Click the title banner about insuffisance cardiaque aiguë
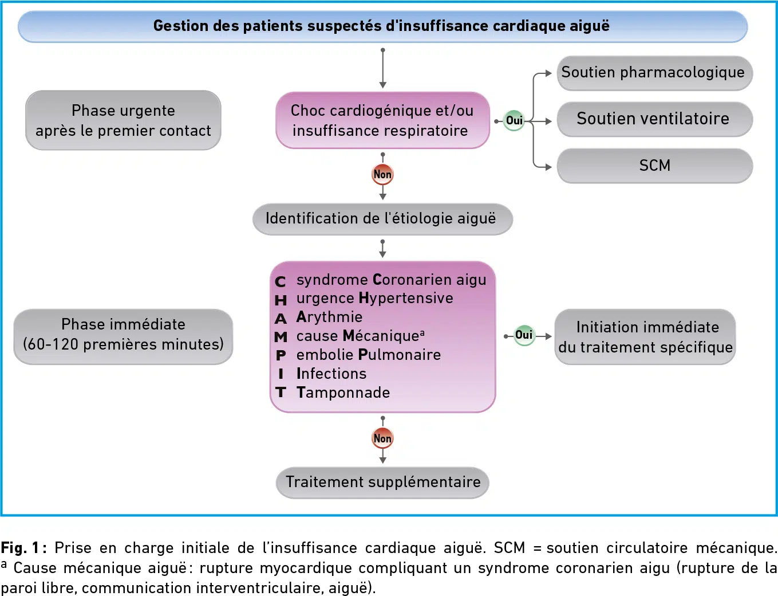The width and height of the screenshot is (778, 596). coord(383,26)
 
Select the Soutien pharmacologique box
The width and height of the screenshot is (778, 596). coord(655,73)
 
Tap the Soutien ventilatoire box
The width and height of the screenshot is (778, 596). coord(655,119)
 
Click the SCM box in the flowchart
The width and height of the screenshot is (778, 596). coord(655,166)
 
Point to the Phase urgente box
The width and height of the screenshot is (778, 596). coord(123,120)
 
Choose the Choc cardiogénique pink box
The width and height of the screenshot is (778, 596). coord(383,120)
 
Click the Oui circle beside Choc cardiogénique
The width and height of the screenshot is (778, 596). coord(514,120)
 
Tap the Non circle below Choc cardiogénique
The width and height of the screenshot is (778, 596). coord(383,175)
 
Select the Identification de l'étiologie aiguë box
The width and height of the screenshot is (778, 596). coord(383,219)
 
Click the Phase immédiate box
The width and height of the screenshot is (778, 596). coord(123,336)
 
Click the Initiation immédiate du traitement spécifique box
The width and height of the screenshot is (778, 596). coord(645,336)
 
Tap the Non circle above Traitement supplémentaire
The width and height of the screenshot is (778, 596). coord(383,438)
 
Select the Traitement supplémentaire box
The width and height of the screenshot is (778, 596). coord(383,483)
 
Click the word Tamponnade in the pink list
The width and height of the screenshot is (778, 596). coord(343,393)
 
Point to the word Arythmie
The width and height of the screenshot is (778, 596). coord(329,317)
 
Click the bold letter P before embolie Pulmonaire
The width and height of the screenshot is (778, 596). coord(281,355)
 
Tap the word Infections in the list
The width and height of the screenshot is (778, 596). coord(331,374)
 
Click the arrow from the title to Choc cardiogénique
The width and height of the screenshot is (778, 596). coord(383,68)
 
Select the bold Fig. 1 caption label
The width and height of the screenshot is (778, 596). coord(21,548)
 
